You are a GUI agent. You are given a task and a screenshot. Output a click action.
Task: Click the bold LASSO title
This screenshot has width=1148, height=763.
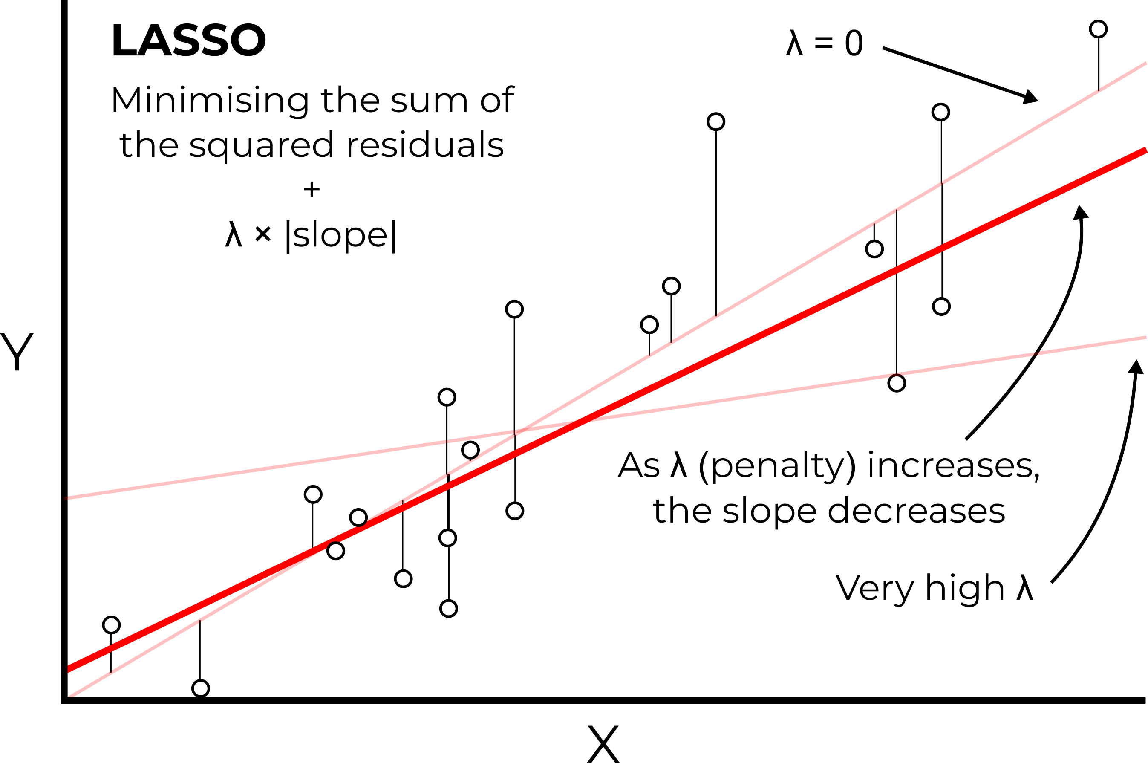click(x=189, y=40)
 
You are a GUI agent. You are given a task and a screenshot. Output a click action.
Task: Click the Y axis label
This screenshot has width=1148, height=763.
click(x=17, y=351)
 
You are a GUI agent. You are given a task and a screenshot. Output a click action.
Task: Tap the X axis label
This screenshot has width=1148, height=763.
click(x=603, y=745)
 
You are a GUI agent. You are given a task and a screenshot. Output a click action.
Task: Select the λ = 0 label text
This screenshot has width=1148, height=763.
click(x=825, y=43)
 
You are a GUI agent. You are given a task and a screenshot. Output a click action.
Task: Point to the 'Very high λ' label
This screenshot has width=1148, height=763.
click(x=934, y=588)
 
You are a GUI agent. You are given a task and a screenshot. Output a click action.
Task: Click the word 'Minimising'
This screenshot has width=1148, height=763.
click(x=210, y=100)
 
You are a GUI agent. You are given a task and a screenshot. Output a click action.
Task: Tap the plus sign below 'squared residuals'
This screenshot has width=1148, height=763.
click(x=312, y=189)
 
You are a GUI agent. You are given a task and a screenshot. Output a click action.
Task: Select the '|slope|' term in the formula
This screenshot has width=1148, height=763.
click(x=341, y=236)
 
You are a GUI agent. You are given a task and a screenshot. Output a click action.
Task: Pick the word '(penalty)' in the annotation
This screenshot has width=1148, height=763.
click(x=777, y=466)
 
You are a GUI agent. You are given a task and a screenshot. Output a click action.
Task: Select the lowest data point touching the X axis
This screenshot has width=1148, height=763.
click(x=200, y=688)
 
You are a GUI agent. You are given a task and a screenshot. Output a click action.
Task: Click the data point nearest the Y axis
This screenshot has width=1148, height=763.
click(x=111, y=625)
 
